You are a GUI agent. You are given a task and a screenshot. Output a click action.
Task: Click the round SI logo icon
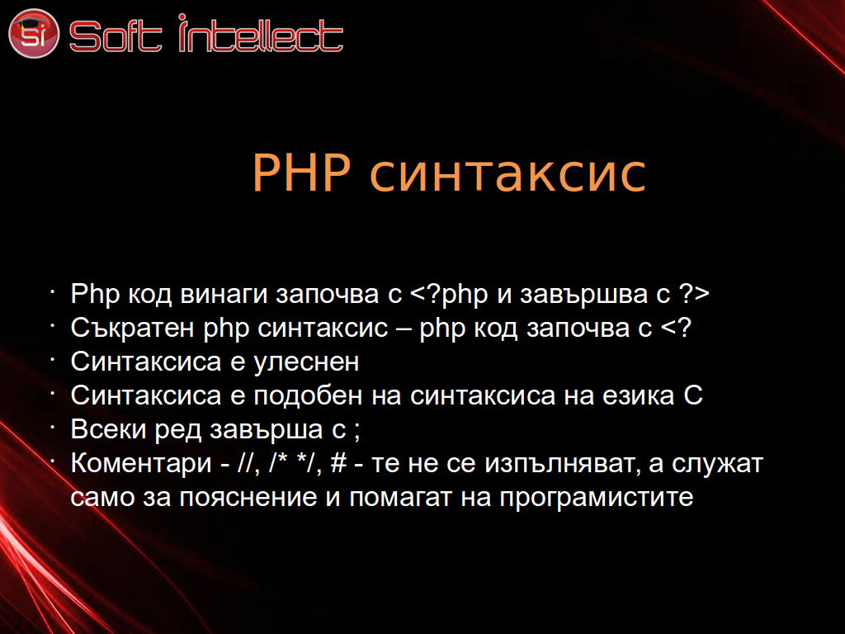click(33, 33)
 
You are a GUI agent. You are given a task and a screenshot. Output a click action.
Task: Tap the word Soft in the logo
click(116, 35)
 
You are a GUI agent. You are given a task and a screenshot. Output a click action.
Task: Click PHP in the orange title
click(301, 173)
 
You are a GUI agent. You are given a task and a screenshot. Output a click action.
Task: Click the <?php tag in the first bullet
click(449, 295)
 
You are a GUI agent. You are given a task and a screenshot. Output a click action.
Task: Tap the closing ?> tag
click(694, 293)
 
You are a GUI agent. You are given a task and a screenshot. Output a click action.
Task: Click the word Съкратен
click(133, 328)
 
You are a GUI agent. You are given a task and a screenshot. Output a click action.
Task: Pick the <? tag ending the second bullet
click(676, 327)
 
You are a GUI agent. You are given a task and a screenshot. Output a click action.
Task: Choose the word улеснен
click(306, 362)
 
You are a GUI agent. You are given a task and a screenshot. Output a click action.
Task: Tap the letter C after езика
click(693, 395)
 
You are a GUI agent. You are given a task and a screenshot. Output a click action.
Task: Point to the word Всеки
click(109, 429)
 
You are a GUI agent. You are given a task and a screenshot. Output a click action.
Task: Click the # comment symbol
click(338, 463)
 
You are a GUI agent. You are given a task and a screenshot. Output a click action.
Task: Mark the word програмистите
click(597, 498)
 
